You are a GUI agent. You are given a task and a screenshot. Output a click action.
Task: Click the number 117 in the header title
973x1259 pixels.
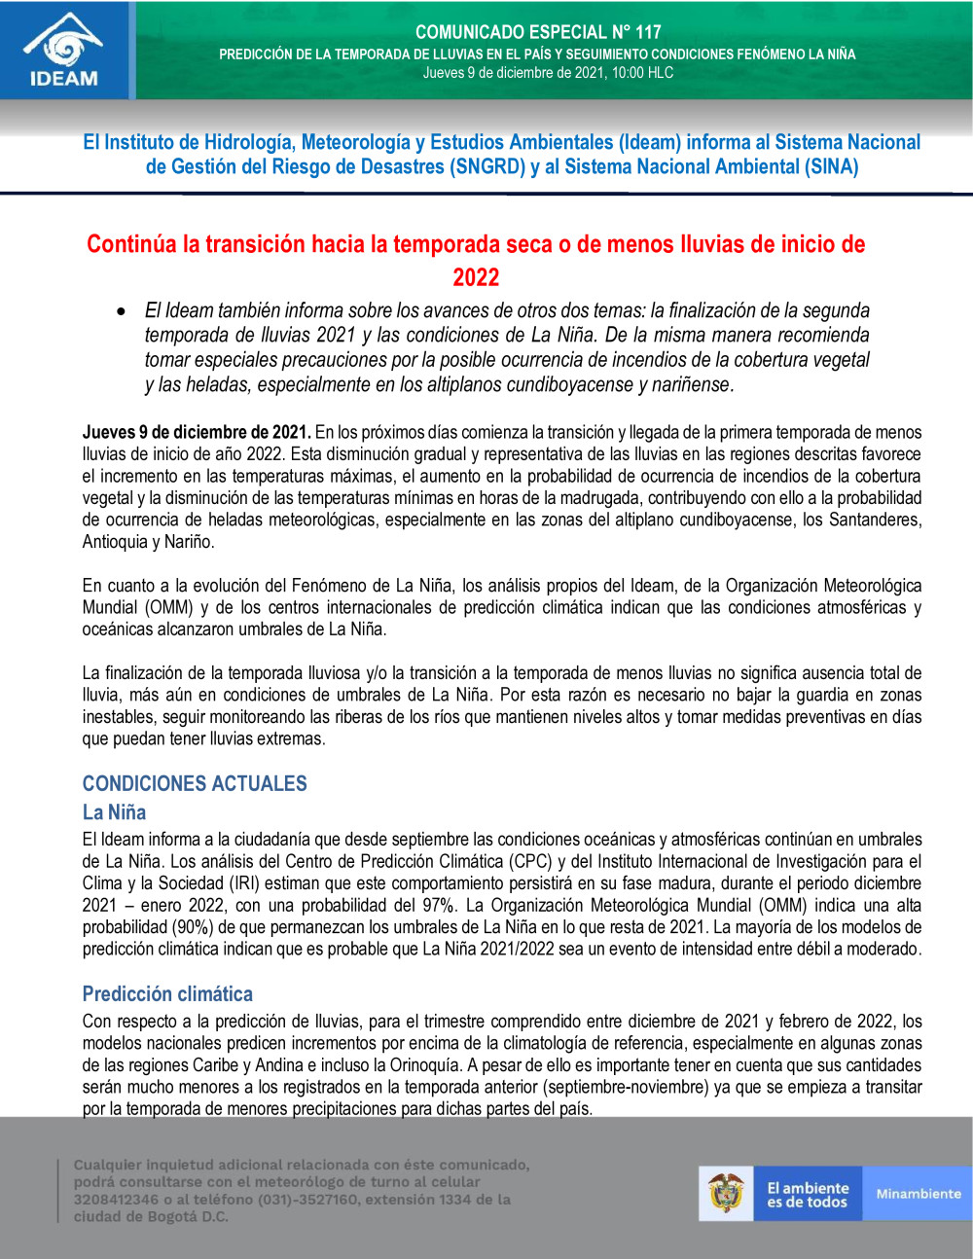[648, 32]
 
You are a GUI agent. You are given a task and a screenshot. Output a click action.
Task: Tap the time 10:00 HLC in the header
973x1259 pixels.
[642, 73]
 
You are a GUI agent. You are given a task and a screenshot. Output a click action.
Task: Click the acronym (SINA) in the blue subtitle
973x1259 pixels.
[831, 167]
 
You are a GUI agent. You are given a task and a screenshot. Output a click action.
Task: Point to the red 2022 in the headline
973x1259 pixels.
[476, 277]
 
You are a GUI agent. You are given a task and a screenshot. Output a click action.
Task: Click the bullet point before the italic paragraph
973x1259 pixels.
[121, 311]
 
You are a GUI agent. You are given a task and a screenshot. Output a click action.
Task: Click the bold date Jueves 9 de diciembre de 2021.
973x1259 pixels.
[197, 432]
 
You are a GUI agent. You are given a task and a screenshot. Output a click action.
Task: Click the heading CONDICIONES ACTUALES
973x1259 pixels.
[195, 784]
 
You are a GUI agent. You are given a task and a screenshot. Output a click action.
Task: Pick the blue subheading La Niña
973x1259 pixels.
[114, 812]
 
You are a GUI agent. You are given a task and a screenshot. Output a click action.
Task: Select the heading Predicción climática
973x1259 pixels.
[167, 994]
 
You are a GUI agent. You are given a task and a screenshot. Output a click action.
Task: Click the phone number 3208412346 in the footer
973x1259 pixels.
[116, 1200]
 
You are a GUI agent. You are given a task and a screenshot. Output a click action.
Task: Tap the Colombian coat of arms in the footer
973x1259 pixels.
[726, 1193]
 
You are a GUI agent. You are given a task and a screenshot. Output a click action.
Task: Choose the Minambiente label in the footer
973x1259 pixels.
[918, 1194]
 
